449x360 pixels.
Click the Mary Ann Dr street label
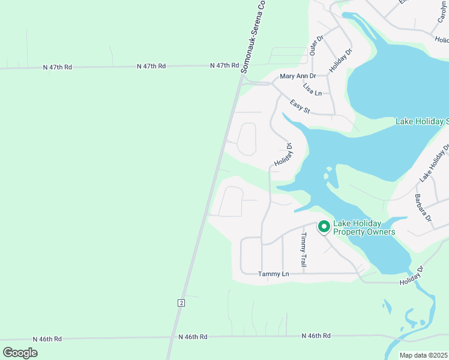298,76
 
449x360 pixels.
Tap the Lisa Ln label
312,89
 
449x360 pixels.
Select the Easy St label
299,107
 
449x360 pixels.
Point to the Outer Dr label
316,46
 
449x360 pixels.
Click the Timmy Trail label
304,250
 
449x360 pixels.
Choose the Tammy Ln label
273,274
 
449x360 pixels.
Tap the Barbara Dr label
423,208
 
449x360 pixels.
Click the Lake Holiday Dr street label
434,163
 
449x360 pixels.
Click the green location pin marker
324,226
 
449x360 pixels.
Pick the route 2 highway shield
180,303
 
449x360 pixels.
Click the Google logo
20,352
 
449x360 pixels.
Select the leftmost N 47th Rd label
58,67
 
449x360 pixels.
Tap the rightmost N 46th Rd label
316,335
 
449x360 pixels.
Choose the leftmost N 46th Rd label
48,339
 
